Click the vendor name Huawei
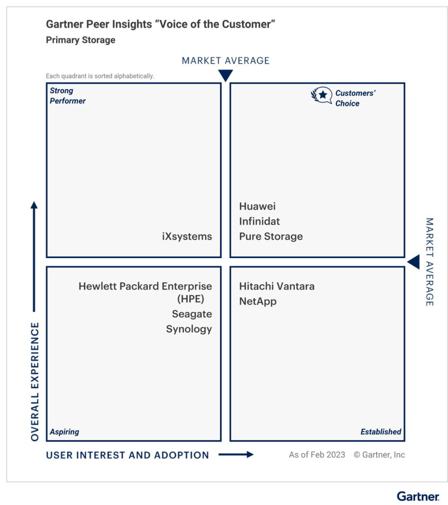pos(257,206)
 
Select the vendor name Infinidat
pos(259,221)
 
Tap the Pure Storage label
pos(271,236)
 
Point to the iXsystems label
pos(187,236)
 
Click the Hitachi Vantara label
pos(277,286)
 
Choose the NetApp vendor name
pos(258,301)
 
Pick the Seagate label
pos(192,314)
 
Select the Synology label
pos(189,329)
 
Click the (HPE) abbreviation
pos(190,299)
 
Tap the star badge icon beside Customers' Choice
pos(322,95)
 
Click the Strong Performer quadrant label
pos(68,95)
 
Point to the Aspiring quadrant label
pos(64,432)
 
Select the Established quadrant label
pos(380,432)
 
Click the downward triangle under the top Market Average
pos(225,76)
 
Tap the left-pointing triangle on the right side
pos(414,262)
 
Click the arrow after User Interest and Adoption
pos(236,454)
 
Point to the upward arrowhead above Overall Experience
pos(34,205)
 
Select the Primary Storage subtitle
pos(80,40)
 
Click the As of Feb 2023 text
pos(317,455)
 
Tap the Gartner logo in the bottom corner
pos(418,496)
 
